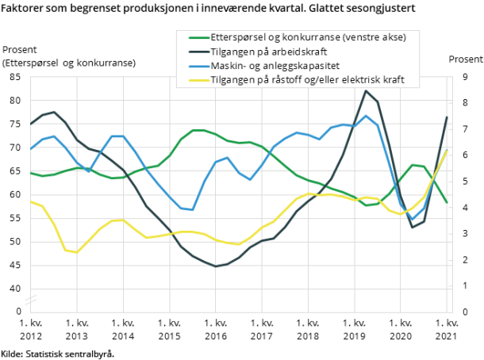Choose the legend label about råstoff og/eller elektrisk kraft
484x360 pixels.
point(313,80)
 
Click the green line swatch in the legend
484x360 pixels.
point(197,37)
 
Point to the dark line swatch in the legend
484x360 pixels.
point(197,52)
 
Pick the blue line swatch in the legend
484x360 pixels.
point(197,66)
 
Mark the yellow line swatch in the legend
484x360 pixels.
point(197,80)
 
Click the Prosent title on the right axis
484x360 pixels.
point(465,59)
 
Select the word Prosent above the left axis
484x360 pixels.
point(21,50)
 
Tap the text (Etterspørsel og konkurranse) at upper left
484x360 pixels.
point(68,63)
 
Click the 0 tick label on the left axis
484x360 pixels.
point(19,312)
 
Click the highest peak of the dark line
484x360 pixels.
point(366,90)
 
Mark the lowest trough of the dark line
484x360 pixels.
point(216,266)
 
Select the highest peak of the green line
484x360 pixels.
point(198,130)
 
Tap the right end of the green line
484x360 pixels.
point(447,202)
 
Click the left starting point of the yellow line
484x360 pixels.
point(31,201)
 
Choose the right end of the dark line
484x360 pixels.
point(447,117)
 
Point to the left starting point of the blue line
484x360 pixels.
point(31,150)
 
